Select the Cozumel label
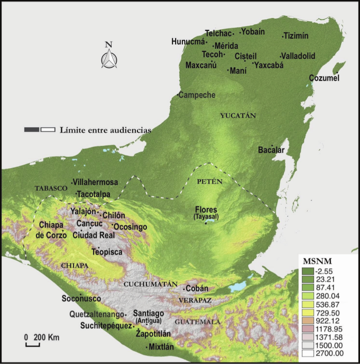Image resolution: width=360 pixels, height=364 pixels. pos(324,78)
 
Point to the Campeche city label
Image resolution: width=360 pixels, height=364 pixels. pos(197,95)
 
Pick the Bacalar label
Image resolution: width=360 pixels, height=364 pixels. pos(271,150)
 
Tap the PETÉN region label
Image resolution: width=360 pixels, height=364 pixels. pos(209,182)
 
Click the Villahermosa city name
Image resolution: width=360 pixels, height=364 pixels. pos(95,182)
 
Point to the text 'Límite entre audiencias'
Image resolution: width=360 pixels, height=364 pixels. pos(105,130)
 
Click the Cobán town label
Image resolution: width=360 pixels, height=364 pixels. pos(197,289)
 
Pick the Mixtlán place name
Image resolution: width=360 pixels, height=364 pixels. pos(162,347)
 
